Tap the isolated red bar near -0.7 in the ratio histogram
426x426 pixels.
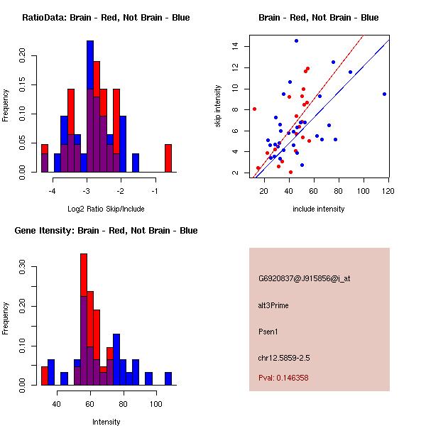(168, 158)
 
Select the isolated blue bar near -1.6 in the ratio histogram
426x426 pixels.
(135, 163)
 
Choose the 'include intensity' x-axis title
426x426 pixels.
(319, 209)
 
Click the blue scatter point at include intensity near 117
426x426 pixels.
(384, 94)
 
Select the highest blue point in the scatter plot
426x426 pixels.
(296, 40)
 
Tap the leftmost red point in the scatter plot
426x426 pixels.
(254, 109)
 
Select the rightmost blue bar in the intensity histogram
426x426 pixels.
(168, 378)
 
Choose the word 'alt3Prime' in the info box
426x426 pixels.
(273, 305)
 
